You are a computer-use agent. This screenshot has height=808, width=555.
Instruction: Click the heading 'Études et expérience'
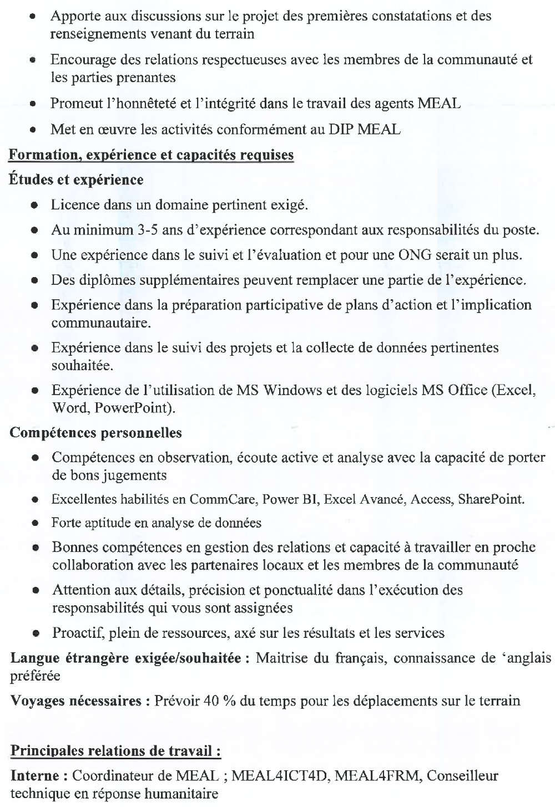(76, 180)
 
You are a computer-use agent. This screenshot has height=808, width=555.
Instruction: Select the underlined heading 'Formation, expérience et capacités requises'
(151, 155)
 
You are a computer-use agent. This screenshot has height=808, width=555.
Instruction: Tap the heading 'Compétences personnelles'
(95, 433)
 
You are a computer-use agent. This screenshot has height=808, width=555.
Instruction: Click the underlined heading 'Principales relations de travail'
(116, 751)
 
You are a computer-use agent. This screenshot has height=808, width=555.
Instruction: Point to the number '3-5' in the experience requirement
(147, 230)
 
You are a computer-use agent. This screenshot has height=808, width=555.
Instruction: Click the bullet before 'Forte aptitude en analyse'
(34, 523)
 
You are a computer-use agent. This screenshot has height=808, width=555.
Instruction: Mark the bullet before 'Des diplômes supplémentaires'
(34, 281)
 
